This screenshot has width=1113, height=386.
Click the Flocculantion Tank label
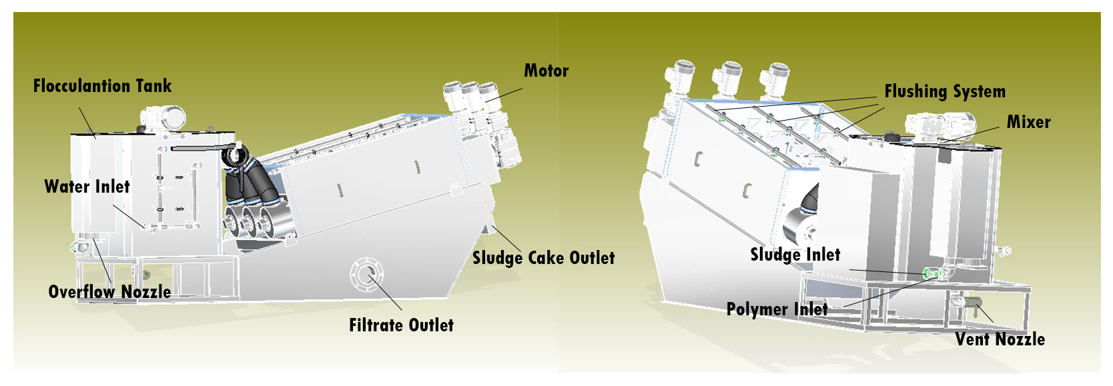102,86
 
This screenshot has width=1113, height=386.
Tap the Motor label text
546,71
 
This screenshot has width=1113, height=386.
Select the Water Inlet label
87,187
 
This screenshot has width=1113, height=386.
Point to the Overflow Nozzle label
109,292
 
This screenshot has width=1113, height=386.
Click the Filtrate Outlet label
401,325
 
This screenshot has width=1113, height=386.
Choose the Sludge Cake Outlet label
543,258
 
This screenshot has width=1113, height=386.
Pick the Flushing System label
944,91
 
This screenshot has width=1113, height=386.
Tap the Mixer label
1028,122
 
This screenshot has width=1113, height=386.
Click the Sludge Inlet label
795,255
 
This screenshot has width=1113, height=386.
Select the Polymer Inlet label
777,309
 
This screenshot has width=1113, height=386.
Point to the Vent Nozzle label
1000,339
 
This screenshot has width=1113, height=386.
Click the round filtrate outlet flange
366,273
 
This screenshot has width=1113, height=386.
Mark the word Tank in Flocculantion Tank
153,86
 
